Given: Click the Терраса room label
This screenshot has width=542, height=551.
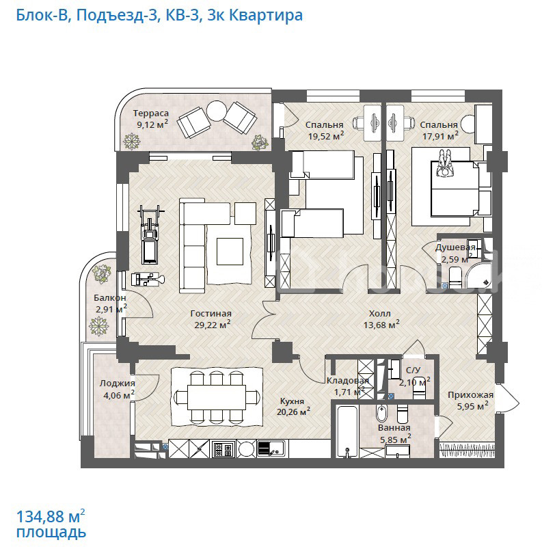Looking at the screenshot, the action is tap(150, 113).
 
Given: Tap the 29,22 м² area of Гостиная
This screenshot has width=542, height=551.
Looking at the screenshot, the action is tap(213, 325).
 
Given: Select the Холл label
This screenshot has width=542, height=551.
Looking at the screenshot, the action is tap(380, 314).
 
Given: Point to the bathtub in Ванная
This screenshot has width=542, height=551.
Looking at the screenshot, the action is tap(347, 431).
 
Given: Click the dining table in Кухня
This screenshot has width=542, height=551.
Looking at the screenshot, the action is tap(217, 397).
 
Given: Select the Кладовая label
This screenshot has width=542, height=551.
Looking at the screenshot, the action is tap(347, 381).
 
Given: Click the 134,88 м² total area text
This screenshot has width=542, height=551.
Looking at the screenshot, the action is tap(51, 516).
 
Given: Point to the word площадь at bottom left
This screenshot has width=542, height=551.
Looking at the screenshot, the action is tap(51, 533).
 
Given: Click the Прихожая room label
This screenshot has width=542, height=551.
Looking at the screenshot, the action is tap(470, 395).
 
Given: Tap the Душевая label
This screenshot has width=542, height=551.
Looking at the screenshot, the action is tap(455, 247).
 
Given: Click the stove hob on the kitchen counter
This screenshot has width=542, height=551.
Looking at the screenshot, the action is tap(223, 448).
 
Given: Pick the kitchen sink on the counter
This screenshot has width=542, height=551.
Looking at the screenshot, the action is tap(271, 448).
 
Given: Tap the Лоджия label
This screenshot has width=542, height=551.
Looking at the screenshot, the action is tap(118, 384).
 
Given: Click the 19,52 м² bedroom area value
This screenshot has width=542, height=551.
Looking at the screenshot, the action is tap(326, 135).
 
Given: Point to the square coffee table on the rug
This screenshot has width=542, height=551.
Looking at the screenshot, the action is tap(230, 252).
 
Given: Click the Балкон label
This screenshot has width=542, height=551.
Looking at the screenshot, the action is tap(110, 298).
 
